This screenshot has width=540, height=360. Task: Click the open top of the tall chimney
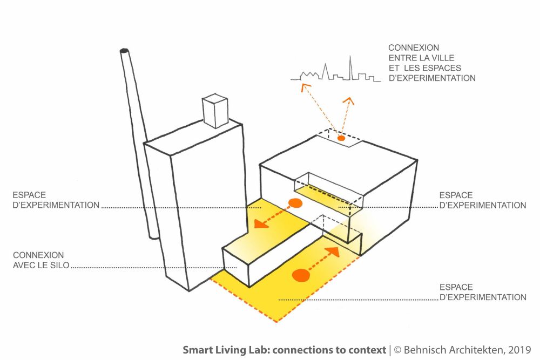coord(125,51)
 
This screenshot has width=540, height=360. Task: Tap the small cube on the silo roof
coord(215,111)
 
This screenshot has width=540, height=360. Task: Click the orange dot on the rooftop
coord(341,139)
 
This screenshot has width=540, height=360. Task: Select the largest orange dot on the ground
coord(301,276)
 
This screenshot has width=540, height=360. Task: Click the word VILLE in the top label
coord(442,58)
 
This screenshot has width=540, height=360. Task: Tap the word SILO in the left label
coord(60,265)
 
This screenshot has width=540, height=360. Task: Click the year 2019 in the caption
coord(519,350)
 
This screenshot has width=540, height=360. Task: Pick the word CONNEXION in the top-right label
coord(414,48)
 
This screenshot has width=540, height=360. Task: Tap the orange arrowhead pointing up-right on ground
coord(333,251)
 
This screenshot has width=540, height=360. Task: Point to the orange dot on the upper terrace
coord(294,203)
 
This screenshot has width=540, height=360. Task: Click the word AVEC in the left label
coord(24,265)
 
